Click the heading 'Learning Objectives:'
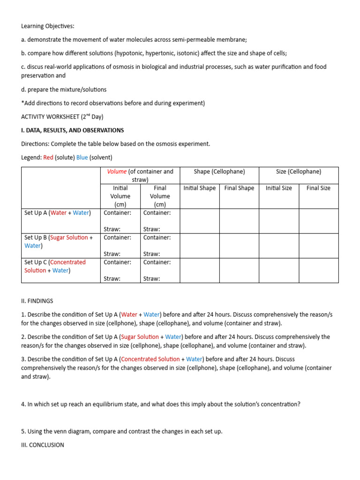tap(48, 26)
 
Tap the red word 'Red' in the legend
tap(48, 157)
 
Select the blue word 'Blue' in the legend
tap(82, 157)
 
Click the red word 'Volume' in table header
tap(117, 172)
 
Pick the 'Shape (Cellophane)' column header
tap(219, 172)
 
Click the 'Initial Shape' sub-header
tap(200, 188)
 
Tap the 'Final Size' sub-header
tap(318, 188)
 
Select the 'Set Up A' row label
tap(36, 213)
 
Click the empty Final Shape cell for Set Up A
tap(239, 221)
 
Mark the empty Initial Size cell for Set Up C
tap(279, 270)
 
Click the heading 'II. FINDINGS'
tap(37, 301)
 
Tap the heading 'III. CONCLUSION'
tap(43, 445)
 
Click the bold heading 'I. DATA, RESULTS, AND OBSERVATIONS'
tap(73, 130)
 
